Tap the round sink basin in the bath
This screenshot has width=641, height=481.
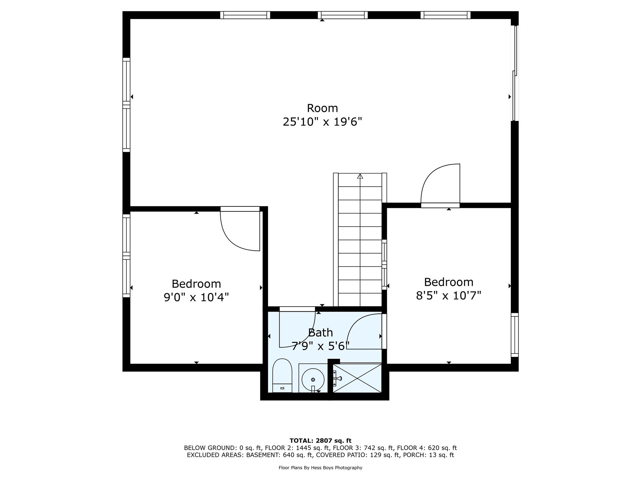(313, 379)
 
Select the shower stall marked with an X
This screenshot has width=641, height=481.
(357, 378)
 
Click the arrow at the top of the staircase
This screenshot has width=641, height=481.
(360, 176)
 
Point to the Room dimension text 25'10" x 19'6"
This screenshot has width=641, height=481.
(322, 122)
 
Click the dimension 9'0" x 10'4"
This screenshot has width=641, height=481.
(196, 297)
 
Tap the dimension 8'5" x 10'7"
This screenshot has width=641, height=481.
(448, 295)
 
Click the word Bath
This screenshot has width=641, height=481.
(320, 332)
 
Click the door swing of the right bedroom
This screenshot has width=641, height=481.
(440, 185)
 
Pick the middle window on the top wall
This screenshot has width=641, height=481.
(342, 15)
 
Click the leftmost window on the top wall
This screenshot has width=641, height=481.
(245, 15)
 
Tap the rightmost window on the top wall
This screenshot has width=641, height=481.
(445, 15)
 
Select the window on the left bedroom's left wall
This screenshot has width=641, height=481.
(126, 256)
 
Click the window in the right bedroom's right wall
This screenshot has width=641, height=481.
(515, 335)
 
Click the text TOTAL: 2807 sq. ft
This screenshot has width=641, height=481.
(320, 441)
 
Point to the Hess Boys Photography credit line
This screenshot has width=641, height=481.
(320, 468)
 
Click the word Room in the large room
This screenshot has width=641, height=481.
(322, 108)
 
